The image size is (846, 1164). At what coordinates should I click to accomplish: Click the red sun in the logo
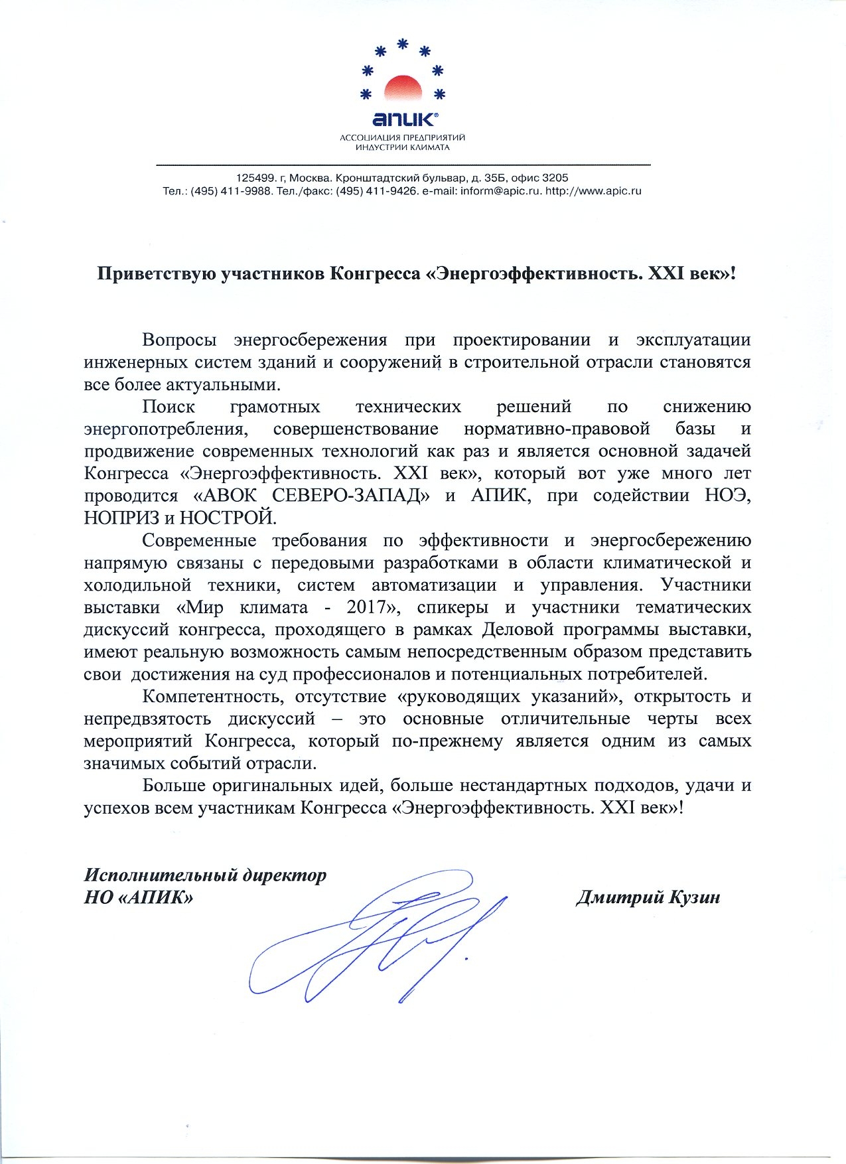(x=403, y=89)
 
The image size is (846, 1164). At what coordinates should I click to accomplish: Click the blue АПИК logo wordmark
(x=403, y=119)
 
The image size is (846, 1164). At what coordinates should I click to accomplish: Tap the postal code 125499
(x=255, y=178)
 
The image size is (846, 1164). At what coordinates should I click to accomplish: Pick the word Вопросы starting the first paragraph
(x=179, y=340)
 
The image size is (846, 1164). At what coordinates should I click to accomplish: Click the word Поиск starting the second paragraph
(x=169, y=407)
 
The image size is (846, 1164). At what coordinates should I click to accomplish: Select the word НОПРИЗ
(x=121, y=518)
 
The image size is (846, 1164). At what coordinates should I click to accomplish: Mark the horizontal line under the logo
(x=403, y=164)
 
